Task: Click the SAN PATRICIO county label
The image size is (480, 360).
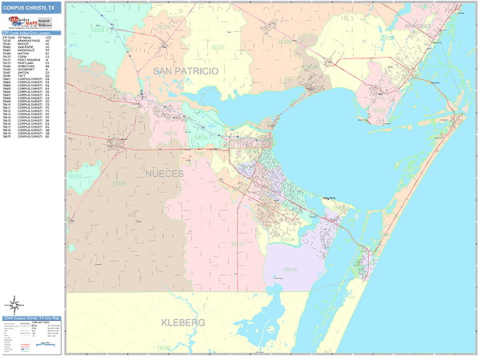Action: (185, 72)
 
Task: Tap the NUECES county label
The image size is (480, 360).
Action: (164, 173)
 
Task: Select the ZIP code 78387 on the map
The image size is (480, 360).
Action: (217, 48)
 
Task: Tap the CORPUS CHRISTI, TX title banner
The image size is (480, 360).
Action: (30, 7)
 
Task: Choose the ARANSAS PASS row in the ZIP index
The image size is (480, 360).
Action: (30, 40)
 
